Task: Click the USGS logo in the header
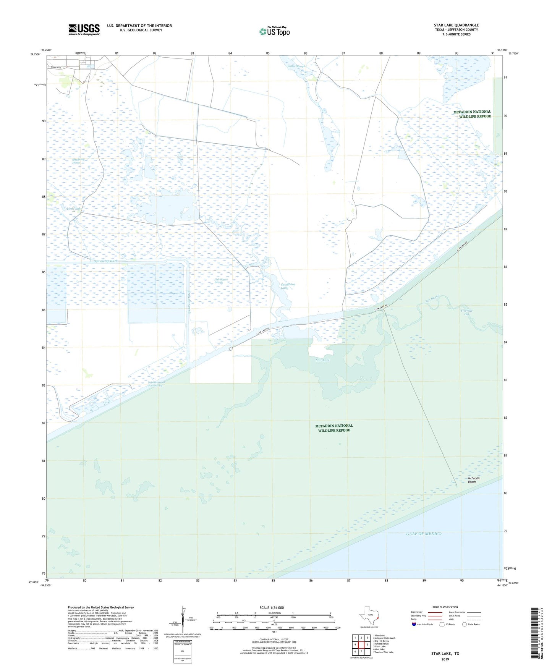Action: pyautogui.click(x=84, y=29)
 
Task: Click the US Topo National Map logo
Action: pyautogui.click(x=274, y=31)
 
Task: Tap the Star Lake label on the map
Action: pyautogui.click(x=322, y=360)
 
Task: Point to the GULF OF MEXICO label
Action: pyautogui.click(x=424, y=534)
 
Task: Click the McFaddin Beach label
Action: pyautogui.click(x=474, y=480)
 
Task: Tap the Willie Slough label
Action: pyautogui.click(x=296, y=66)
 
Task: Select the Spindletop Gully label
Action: pyautogui.click(x=288, y=286)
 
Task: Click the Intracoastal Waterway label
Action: pyautogui.click(x=155, y=384)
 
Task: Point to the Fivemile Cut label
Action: pyautogui.click(x=466, y=312)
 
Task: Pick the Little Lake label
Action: pyautogui.click(x=74, y=209)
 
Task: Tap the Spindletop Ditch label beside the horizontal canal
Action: pyautogui.click(x=106, y=261)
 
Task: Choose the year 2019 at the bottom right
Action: pyautogui.click(x=445, y=659)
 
